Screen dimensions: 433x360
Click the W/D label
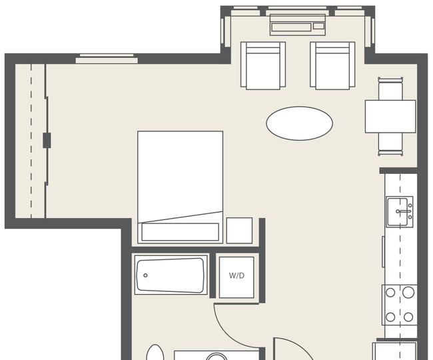(236, 275)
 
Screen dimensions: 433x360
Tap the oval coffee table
(299, 123)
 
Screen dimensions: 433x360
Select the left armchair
(263, 65)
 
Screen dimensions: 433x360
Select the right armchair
(332, 65)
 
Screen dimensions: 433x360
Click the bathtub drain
(145, 275)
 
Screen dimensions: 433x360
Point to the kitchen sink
(400, 211)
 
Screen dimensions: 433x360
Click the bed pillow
(181, 232)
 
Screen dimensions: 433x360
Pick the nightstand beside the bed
(239, 231)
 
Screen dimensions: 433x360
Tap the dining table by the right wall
(390, 116)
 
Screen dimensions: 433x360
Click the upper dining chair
(390, 89)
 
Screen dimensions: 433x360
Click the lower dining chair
(390, 144)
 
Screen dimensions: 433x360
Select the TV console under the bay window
(298, 25)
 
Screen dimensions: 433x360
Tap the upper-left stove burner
(390, 292)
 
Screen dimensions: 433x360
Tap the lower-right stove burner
(408, 317)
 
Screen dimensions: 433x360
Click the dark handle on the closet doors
(47, 141)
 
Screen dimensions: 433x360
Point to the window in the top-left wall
(107, 59)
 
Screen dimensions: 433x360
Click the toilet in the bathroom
(155, 352)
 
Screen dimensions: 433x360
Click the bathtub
(171, 275)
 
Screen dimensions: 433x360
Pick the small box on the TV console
(318, 26)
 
